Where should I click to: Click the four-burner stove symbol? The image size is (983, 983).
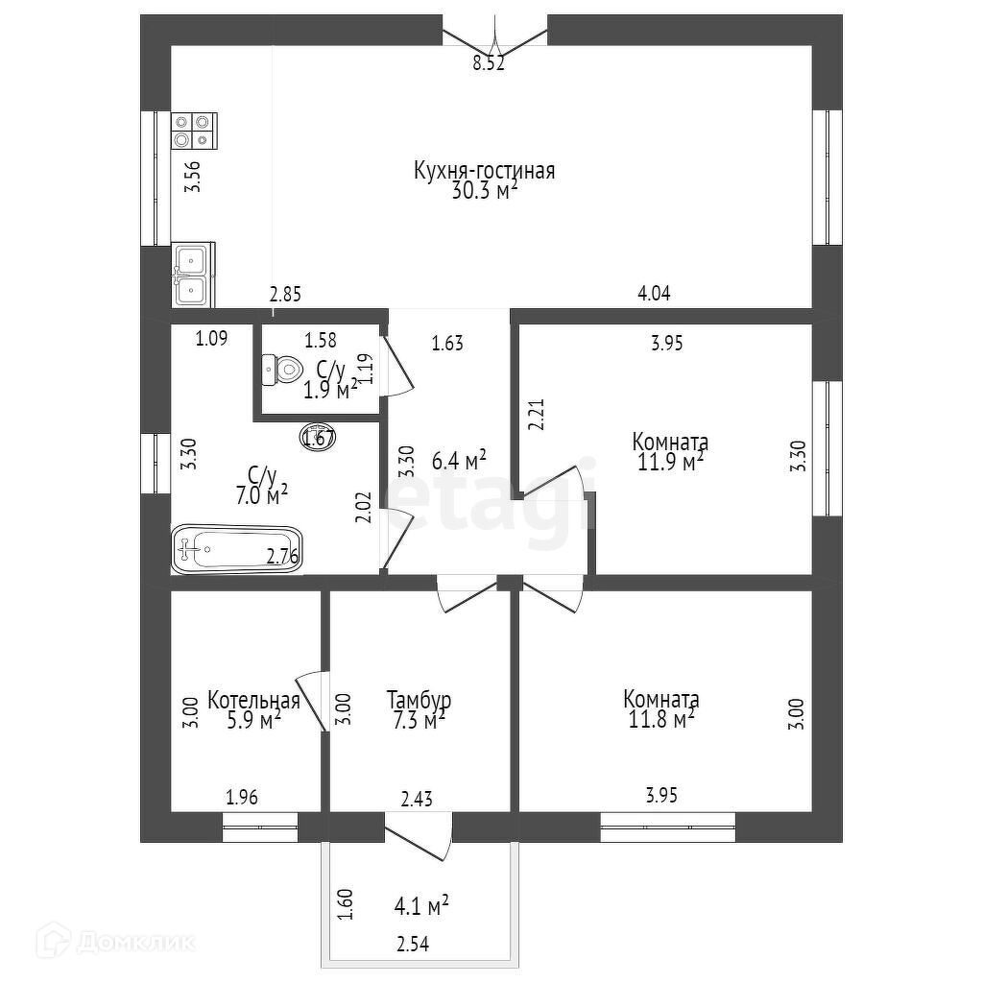194,131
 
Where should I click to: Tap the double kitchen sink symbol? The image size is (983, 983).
193,274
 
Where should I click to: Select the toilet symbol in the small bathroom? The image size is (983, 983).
281,369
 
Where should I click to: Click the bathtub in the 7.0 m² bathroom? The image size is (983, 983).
236,550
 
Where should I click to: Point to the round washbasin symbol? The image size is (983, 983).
318,437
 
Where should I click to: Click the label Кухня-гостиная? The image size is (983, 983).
484,172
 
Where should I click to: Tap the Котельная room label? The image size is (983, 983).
253,700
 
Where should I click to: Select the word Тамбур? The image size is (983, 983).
419,700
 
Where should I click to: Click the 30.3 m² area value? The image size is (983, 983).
484,190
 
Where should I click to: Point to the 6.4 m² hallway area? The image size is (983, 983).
459,461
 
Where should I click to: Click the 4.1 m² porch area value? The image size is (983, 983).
421,905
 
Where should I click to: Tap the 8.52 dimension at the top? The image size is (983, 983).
488,64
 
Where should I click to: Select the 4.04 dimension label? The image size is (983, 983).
654,294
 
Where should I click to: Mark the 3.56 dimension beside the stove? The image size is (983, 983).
192,179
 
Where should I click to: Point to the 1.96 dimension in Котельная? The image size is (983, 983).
242,796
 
